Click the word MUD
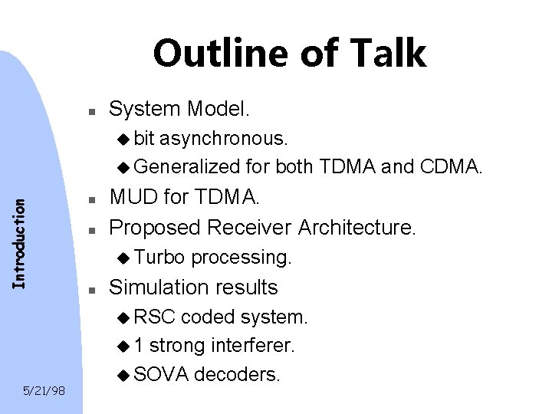pyautogui.click(x=133, y=199)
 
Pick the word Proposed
pyautogui.click(x=147, y=228)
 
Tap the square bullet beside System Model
pyautogui.click(x=90, y=111)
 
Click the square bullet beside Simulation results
pyautogui.click(x=90, y=290)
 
